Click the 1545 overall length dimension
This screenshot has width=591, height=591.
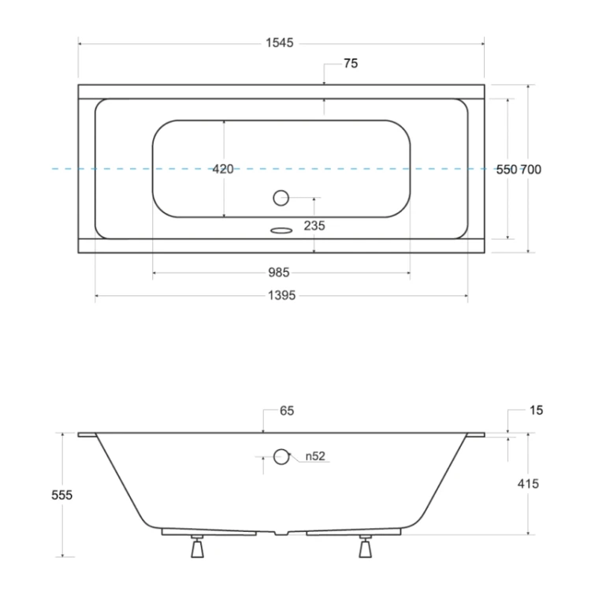[x=279, y=43]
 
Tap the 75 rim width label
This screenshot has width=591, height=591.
[x=351, y=63]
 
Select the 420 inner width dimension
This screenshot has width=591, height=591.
[x=223, y=169]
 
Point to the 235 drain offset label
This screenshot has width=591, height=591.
[x=314, y=226]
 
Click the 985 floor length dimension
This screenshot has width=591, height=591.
[x=279, y=273]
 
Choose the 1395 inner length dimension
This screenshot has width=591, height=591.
[x=281, y=295]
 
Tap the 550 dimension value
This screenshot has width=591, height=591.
[x=506, y=169]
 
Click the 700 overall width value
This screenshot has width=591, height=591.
[x=530, y=169]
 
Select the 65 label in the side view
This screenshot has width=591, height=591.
[x=287, y=411]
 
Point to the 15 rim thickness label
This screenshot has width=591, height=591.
[x=536, y=410]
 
